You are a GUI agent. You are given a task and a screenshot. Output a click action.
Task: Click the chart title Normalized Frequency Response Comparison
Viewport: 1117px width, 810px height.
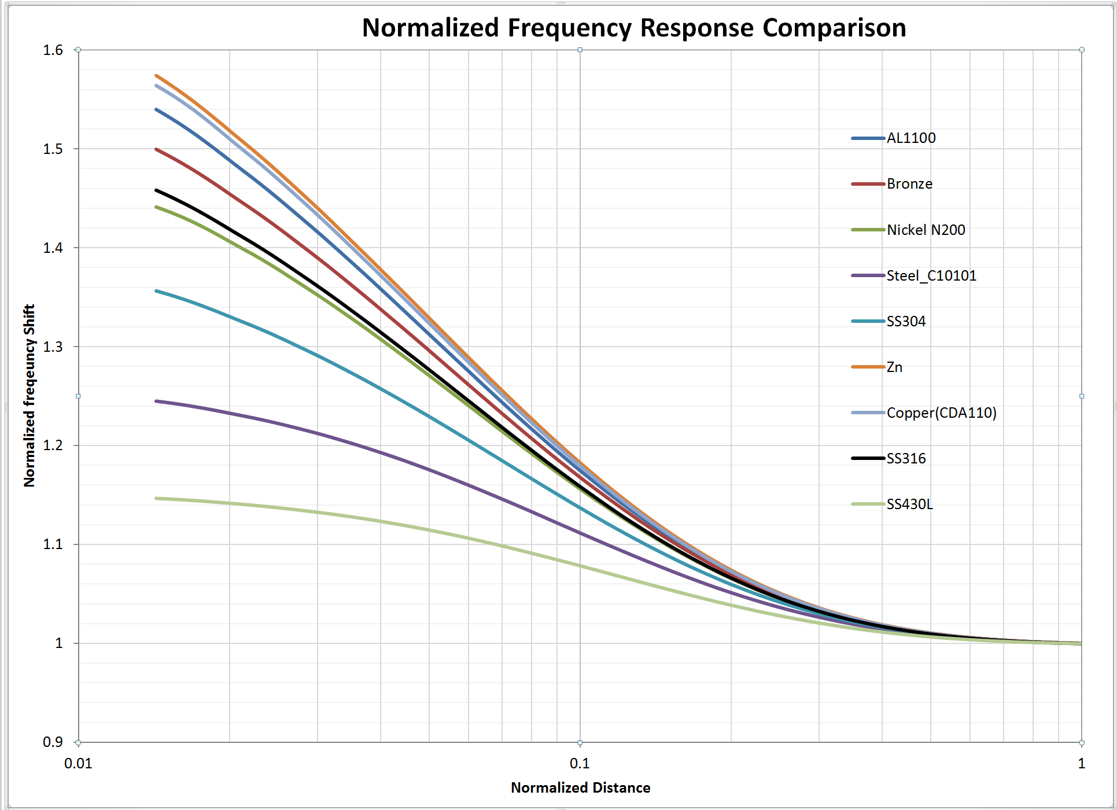click(633, 28)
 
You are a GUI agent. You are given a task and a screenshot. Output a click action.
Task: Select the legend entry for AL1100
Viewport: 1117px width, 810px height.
click(910, 138)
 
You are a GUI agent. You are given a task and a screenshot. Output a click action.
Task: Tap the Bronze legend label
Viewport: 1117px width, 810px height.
click(909, 184)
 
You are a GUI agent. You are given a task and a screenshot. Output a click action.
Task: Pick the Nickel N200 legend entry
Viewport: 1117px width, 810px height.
click(926, 230)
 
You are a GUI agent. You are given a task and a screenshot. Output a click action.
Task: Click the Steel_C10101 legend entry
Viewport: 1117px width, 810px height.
click(931, 276)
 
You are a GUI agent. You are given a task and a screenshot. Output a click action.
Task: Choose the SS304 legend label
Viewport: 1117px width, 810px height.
click(906, 322)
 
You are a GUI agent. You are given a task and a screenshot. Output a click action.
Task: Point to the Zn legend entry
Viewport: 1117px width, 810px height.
click(894, 367)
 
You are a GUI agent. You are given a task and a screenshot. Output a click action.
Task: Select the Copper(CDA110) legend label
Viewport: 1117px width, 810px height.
click(941, 413)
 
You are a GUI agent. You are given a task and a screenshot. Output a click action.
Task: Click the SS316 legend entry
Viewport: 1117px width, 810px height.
click(906, 459)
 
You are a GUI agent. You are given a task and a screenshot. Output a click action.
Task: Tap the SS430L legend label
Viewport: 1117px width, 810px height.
click(909, 505)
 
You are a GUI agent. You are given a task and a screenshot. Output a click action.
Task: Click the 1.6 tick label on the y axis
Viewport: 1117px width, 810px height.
click(53, 50)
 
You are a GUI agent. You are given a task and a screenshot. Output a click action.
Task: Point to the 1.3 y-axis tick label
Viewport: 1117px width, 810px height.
click(53, 347)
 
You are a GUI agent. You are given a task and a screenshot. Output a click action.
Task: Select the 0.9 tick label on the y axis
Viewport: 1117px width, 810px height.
click(53, 742)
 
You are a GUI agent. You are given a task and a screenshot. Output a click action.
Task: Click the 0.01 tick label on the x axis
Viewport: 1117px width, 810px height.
click(78, 764)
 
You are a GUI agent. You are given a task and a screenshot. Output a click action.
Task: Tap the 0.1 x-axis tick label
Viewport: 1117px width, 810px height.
click(580, 764)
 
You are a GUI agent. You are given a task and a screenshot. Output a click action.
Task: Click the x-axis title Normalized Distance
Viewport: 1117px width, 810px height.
click(580, 788)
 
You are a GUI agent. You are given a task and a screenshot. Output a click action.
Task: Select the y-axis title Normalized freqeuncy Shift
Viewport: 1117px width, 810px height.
click(30, 396)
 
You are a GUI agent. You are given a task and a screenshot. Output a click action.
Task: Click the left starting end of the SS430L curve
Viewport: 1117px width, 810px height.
click(157, 498)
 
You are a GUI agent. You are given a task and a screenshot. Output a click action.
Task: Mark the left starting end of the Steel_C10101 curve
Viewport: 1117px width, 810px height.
click(157, 401)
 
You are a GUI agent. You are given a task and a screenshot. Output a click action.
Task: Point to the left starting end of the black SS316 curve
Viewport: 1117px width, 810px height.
click(157, 190)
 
